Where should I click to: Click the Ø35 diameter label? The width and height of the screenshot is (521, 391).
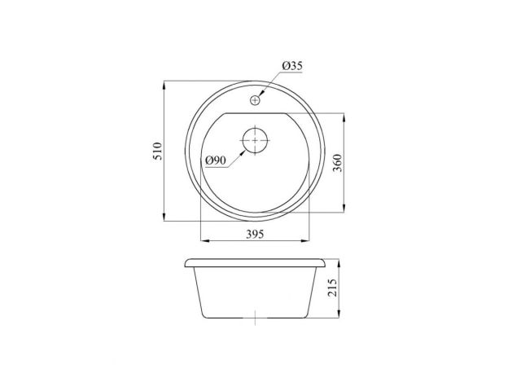coord(292,65)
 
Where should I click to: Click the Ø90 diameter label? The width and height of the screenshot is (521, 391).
coord(216,160)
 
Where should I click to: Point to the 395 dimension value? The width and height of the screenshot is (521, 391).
coord(256,234)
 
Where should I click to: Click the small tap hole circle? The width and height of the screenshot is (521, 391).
coord(255,100)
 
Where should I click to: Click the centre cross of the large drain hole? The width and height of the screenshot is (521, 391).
coord(255,140)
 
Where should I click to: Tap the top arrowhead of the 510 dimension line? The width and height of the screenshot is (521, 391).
coord(165,84)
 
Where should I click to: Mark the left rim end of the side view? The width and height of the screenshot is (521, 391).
coord(187,264)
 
